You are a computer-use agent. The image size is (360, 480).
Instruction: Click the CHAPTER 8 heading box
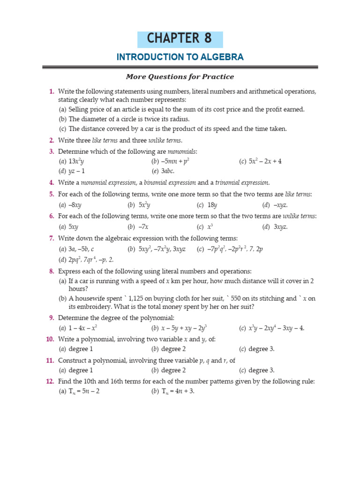point(180,39)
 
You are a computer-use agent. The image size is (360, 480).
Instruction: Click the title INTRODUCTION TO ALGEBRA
point(180,57)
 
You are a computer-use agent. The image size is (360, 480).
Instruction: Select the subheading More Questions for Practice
point(180,76)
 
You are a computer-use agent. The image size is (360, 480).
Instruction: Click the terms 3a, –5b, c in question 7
point(82,249)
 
